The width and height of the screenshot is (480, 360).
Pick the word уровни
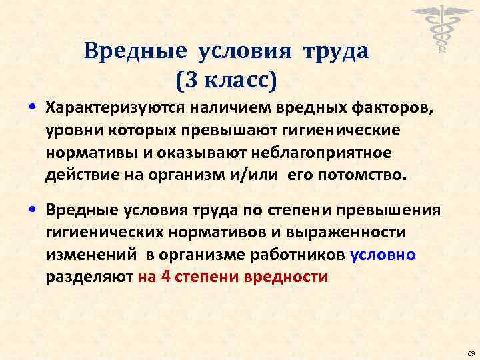point(70,130)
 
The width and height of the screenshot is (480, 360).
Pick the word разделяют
point(88,278)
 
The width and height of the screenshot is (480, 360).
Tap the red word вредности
point(293,278)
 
